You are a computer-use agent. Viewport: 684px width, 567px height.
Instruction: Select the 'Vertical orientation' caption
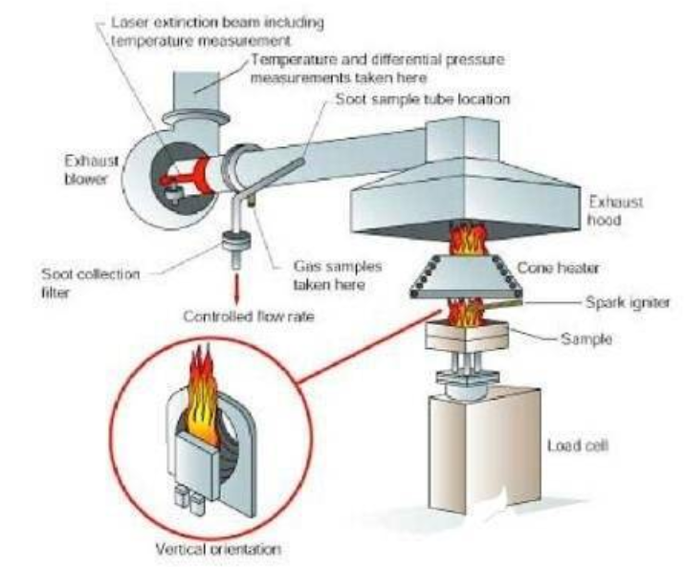(x=208, y=550)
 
